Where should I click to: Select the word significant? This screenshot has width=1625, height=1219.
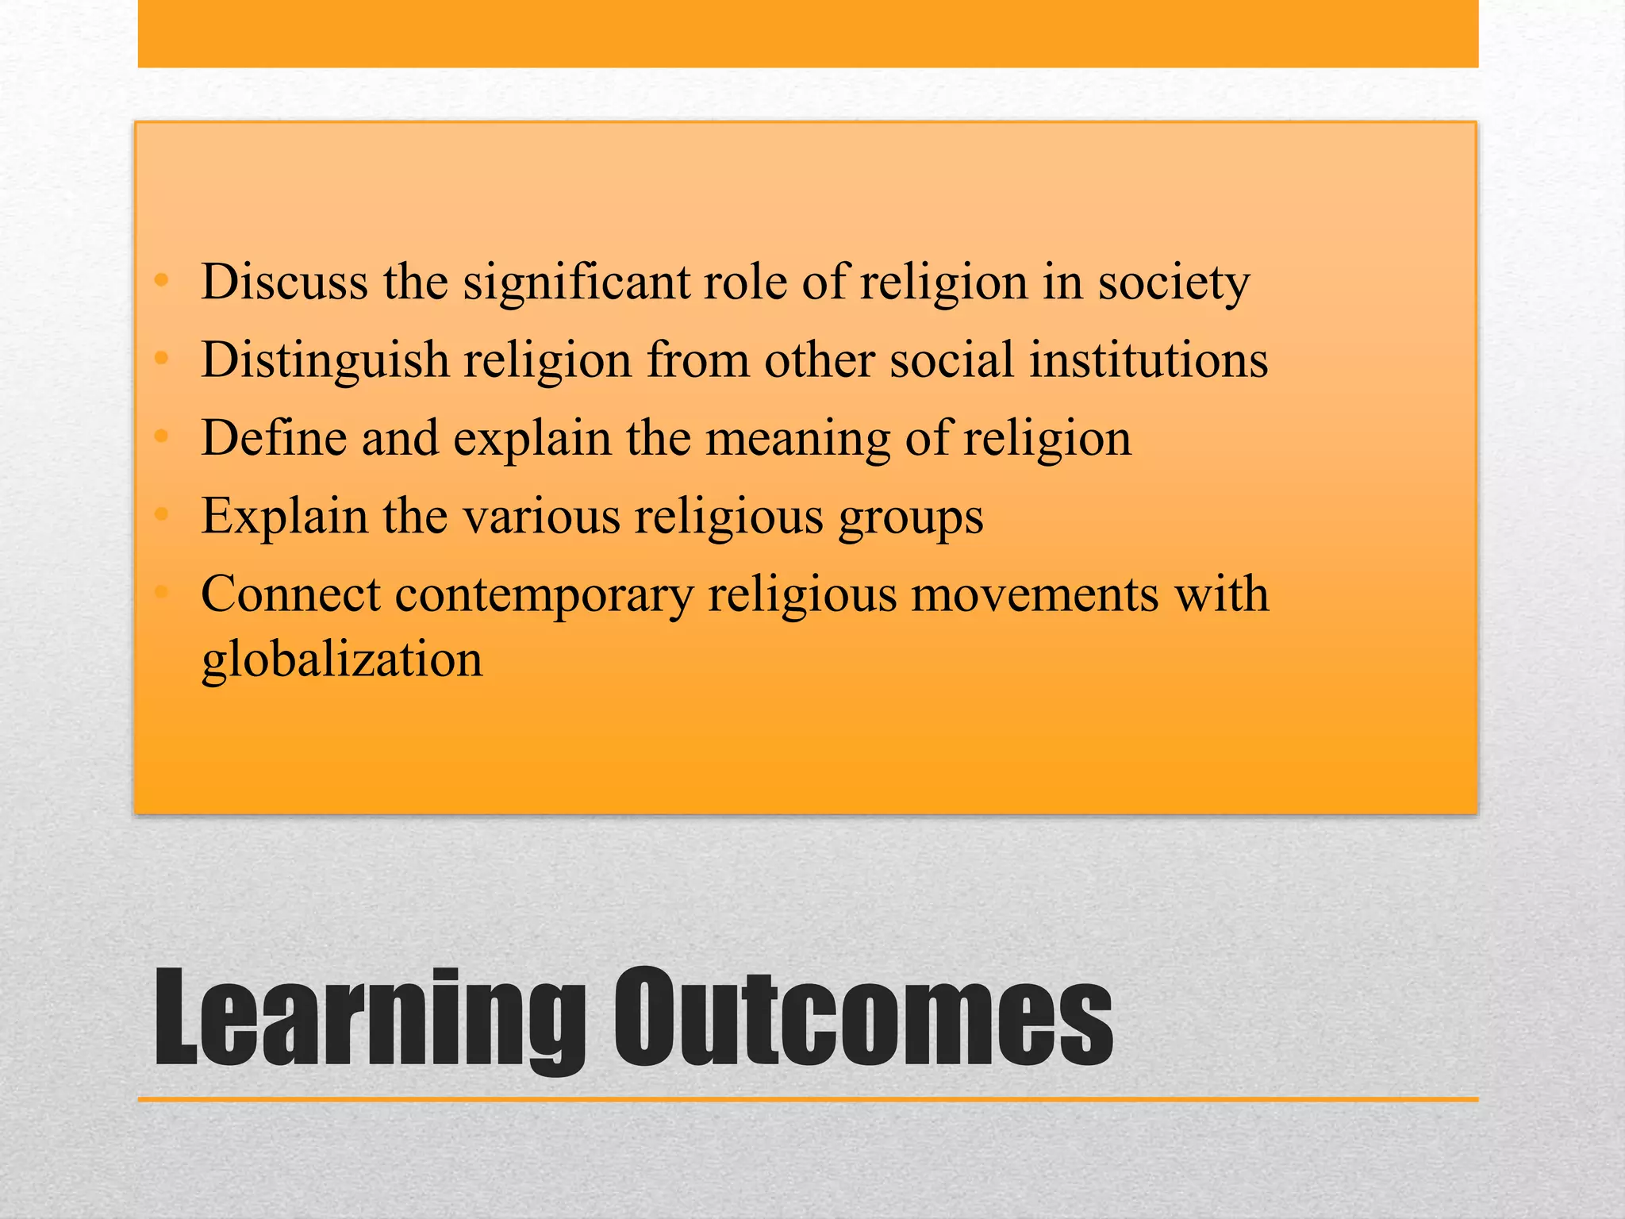click(x=577, y=283)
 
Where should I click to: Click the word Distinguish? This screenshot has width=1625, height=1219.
click(x=325, y=360)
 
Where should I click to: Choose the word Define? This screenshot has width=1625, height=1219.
click(x=274, y=437)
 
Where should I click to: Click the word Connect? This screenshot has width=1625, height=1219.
click(x=290, y=594)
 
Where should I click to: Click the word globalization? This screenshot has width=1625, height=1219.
click(x=342, y=659)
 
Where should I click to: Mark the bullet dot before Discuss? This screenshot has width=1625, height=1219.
click(x=162, y=280)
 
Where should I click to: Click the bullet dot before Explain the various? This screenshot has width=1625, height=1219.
click(x=162, y=515)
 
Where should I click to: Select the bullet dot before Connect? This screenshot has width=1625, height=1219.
click(x=162, y=592)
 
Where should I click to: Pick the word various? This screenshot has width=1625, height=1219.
click(x=541, y=517)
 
